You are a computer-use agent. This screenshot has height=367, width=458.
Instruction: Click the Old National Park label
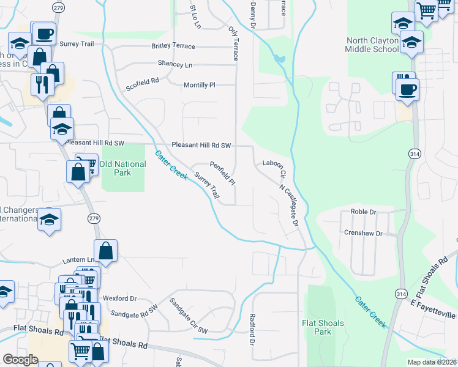(123, 168)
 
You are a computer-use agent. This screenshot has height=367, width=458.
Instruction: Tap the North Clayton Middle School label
(372, 45)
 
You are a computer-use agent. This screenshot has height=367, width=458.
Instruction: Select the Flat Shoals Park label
(323, 327)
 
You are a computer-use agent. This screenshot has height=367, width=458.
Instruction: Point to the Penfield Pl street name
(223, 173)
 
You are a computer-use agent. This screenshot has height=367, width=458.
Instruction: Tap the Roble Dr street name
(362, 211)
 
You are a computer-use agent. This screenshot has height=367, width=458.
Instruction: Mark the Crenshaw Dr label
(363, 233)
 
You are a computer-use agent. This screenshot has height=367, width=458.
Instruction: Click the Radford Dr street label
(252, 329)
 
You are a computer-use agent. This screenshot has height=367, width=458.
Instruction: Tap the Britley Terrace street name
(173, 46)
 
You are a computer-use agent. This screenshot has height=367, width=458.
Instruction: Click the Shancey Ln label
(175, 64)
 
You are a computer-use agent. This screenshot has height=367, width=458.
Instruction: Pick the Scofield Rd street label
(143, 80)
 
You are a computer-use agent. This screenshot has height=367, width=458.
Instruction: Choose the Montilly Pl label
(200, 85)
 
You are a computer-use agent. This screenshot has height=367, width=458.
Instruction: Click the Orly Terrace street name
(233, 43)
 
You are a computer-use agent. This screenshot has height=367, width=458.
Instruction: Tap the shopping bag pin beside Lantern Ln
(106, 251)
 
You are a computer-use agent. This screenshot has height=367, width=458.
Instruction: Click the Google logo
(20, 360)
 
